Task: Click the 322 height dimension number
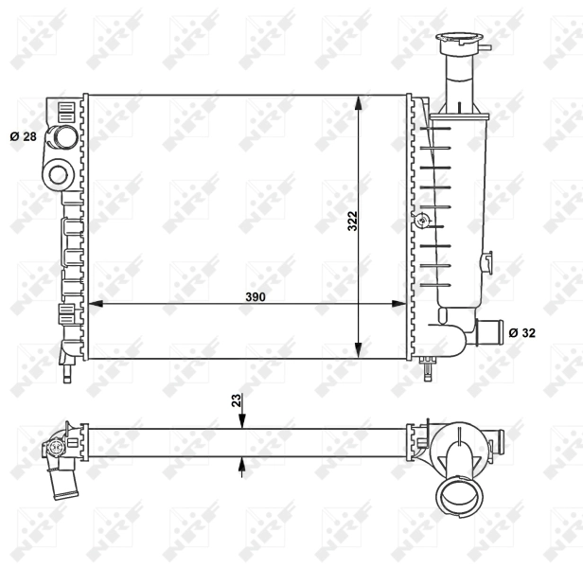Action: pyautogui.click(x=352, y=222)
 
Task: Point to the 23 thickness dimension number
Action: pyautogui.click(x=236, y=400)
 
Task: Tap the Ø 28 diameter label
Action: pyautogui.click(x=24, y=137)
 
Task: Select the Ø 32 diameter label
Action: pyautogui.click(x=521, y=332)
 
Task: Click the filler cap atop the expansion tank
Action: pyautogui.click(x=457, y=41)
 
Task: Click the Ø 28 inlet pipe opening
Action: pyautogui.click(x=65, y=137)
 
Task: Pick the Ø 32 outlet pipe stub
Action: pyautogui.click(x=488, y=332)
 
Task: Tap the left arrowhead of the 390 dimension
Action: pyautogui.click(x=95, y=304)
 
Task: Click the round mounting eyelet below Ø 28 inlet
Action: pyautogui.click(x=59, y=173)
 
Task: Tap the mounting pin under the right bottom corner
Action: pyautogui.click(x=429, y=364)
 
